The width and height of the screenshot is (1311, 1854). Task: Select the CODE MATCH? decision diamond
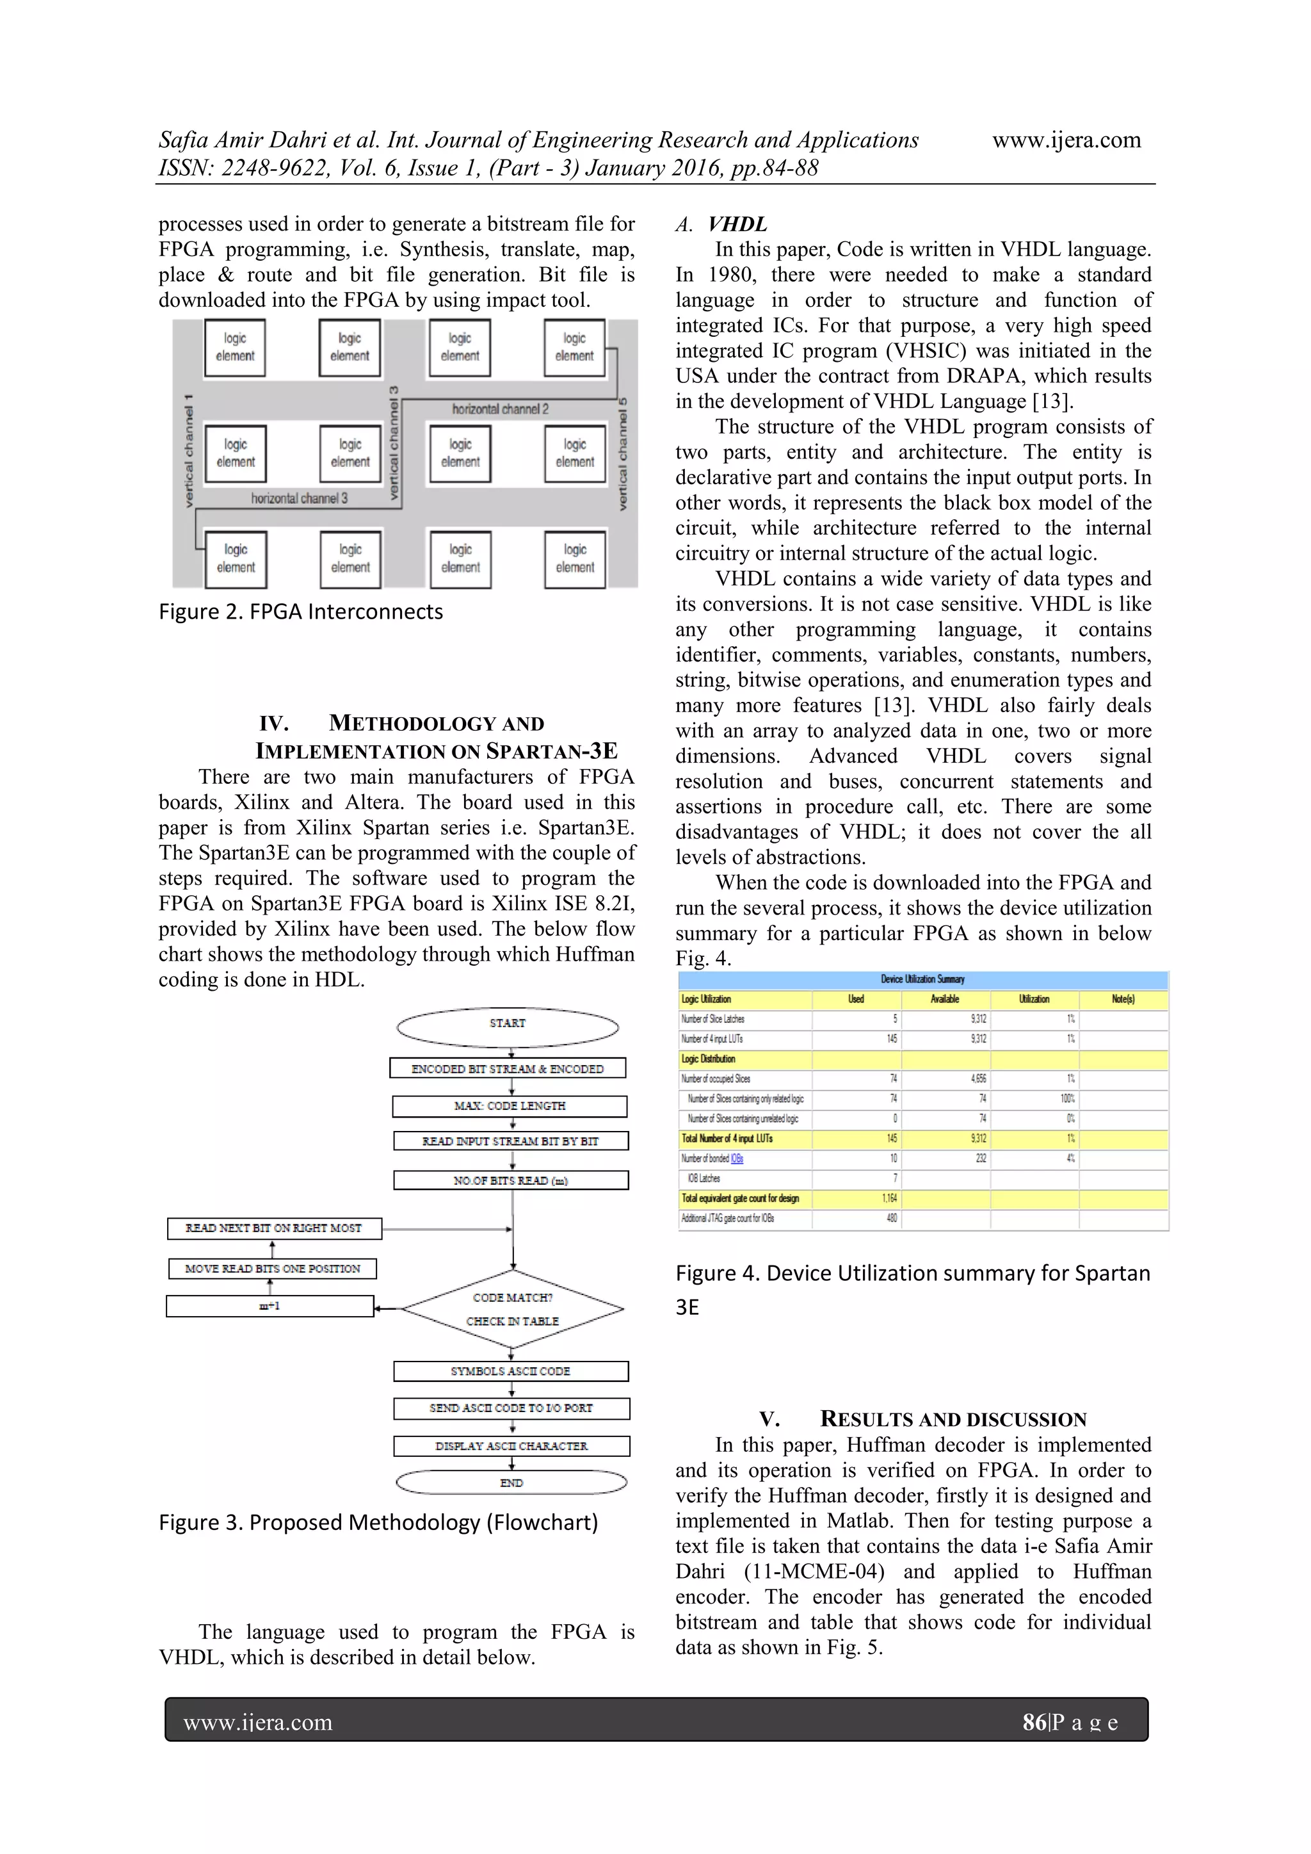pyautogui.click(x=513, y=1308)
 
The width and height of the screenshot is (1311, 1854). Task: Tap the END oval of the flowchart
pyautogui.click(x=511, y=1483)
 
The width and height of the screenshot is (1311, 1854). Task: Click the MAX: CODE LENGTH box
pyautogui.click(x=510, y=1105)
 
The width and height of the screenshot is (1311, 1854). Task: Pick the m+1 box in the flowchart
pyautogui.click(x=269, y=1306)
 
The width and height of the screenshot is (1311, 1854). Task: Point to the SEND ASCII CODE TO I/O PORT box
pyautogui.click(x=511, y=1408)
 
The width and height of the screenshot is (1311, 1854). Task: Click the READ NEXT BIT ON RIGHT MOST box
pyautogui.click(x=274, y=1228)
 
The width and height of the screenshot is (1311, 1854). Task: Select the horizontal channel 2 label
pyautogui.click(x=500, y=409)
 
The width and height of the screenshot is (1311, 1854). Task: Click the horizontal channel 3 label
pyautogui.click(x=299, y=498)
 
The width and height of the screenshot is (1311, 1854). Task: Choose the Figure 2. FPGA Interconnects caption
pyautogui.click(x=300, y=612)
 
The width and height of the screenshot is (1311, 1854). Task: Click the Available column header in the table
pyautogui.click(x=944, y=999)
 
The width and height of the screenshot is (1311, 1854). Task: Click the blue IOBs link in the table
pyautogui.click(x=736, y=1159)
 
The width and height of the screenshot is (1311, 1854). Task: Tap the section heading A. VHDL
pyautogui.click(x=721, y=225)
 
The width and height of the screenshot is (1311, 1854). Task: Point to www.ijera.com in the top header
pyautogui.click(x=1066, y=140)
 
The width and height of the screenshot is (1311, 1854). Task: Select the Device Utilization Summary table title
pyautogui.click(x=922, y=979)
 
